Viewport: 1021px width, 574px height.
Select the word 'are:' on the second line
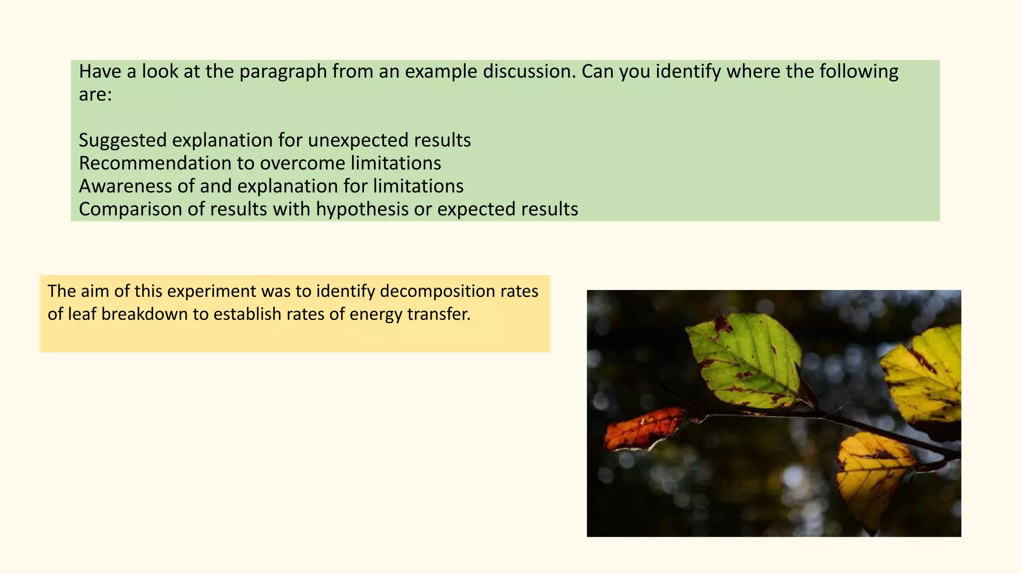95,94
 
